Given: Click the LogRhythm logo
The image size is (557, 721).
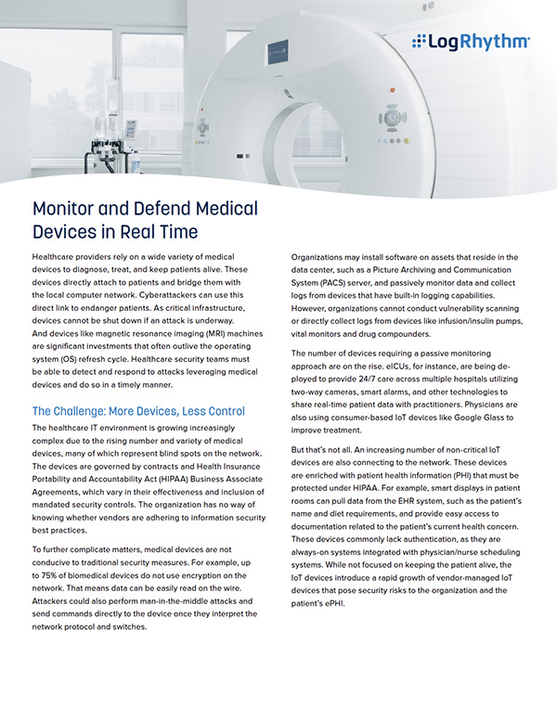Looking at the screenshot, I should coord(471,41).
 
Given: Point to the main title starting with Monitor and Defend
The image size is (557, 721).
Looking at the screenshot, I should coord(145,219).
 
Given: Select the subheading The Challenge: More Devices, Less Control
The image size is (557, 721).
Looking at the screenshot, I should coord(138,410).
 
